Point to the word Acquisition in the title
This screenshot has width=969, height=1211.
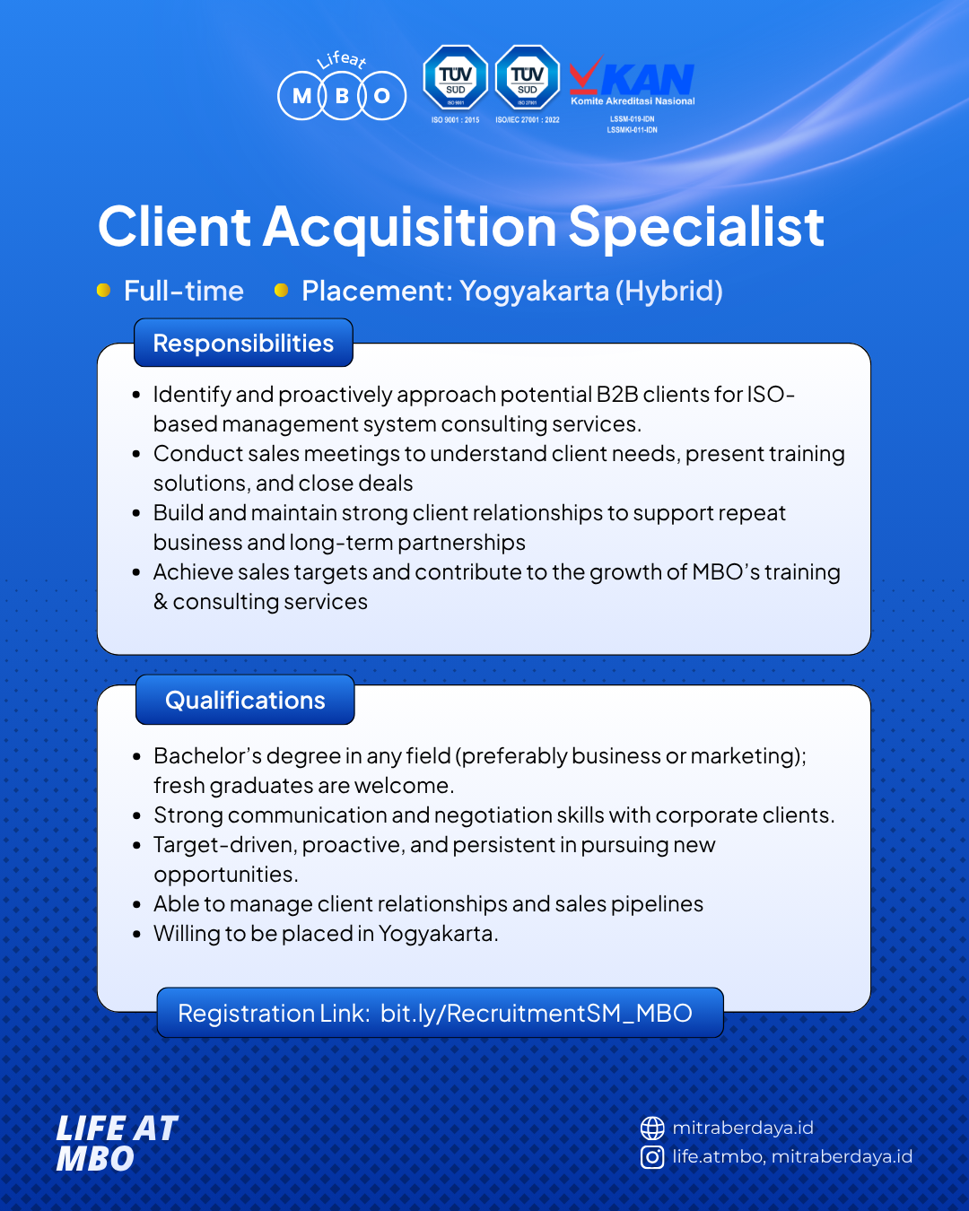[409, 227]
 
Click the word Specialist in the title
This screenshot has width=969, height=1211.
[696, 227]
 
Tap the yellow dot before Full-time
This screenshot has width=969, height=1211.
[103, 291]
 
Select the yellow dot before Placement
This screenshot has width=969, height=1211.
[281, 291]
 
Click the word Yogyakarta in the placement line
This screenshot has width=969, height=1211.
[534, 292]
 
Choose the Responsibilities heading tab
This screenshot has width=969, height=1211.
[243, 343]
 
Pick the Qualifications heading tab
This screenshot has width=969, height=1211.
[245, 700]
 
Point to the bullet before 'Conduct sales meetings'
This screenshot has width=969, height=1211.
[136, 454]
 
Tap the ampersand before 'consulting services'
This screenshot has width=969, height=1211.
[161, 602]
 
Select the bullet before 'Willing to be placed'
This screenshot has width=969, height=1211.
[136, 934]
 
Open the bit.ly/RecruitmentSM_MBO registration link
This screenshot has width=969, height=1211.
[536, 1014]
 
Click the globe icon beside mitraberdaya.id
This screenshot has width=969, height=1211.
[652, 1128]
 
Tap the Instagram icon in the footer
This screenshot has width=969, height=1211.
[652, 1157]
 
